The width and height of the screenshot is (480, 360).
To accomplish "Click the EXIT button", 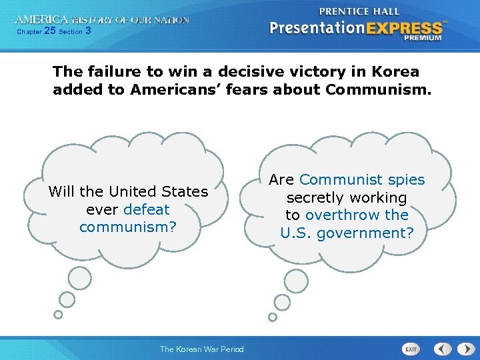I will (411, 349).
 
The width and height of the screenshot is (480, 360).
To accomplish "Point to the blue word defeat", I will (147, 209).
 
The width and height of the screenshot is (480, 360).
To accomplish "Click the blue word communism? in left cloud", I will (128, 227).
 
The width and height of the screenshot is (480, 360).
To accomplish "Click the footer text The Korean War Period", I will (201, 349).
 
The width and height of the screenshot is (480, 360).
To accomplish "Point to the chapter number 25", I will (49, 31).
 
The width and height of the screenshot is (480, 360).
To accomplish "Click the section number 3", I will (88, 31).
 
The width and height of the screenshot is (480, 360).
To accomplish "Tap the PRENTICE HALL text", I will (359, 11).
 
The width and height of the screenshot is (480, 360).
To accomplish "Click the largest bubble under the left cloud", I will (80, 277).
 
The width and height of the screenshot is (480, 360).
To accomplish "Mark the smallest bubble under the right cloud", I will (272, 317).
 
